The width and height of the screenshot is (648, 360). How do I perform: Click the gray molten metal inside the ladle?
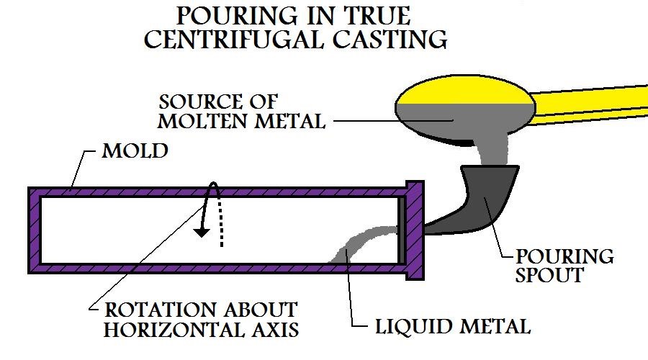461,115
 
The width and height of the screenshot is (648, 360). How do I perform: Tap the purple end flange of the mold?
415,229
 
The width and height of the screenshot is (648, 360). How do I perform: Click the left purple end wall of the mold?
34,230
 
